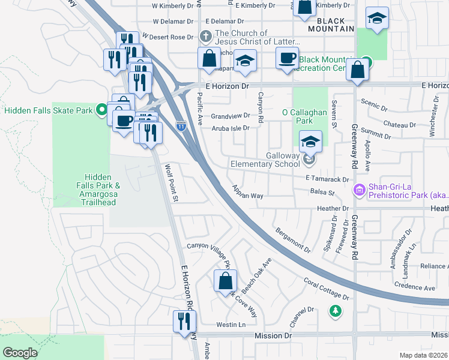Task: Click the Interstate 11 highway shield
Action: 181,126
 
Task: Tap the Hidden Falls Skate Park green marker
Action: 102,110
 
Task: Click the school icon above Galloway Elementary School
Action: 310,142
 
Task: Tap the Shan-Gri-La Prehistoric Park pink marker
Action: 360,191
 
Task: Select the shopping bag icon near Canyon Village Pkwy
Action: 225,280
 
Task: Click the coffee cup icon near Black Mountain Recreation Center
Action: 286,58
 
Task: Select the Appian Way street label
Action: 249,191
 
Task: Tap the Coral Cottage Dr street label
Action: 326,289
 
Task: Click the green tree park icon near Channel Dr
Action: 336,311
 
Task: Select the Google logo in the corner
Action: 20,353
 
